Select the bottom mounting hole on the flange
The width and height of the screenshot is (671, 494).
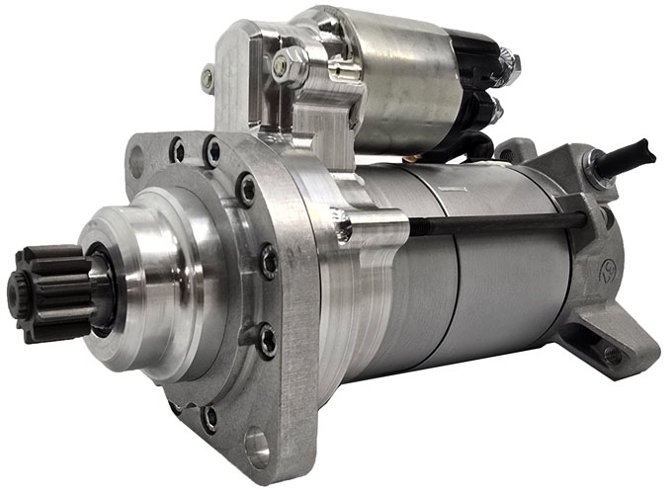257,447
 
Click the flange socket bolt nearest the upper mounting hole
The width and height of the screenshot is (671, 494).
178,150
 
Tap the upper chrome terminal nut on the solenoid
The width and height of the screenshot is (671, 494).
509,66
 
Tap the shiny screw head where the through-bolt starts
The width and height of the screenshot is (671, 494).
343,232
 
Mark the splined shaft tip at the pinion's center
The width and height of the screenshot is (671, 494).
15,293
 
